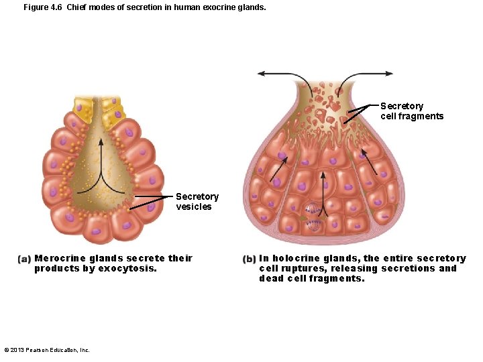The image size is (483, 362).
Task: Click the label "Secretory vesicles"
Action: (197, 201)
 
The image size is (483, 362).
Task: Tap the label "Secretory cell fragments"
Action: (411, 111)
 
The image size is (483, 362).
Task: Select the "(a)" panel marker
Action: (24, 259)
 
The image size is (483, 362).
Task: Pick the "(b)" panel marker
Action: (249, 259)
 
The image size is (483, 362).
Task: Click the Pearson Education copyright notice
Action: (47, 350)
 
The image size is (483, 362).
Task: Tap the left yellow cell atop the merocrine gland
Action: (85, 108)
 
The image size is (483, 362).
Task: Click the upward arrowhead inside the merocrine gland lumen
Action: (101, 141)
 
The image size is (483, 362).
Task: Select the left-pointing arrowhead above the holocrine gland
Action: (261, 73)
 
